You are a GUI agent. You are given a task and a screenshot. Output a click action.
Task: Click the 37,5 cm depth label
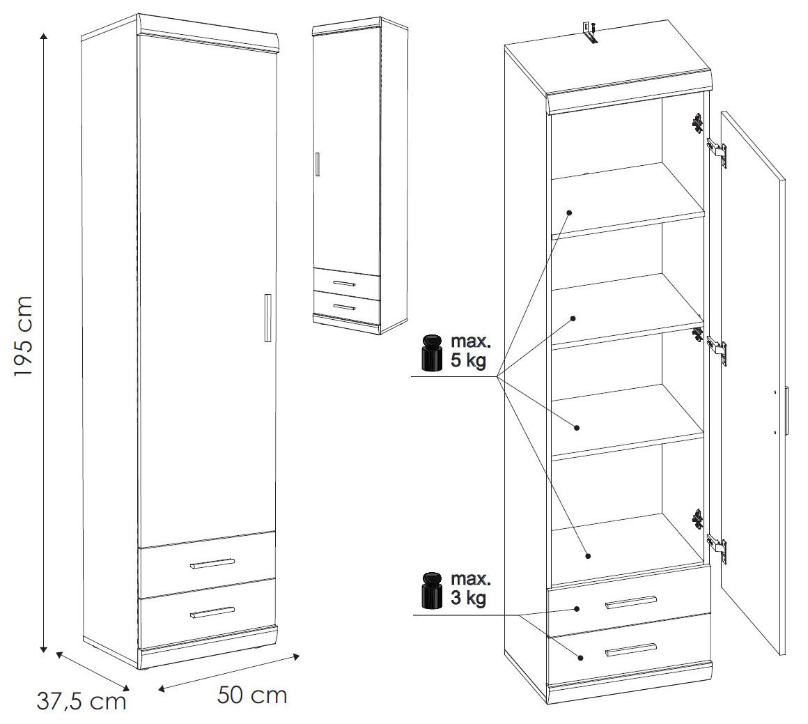click(81, 700)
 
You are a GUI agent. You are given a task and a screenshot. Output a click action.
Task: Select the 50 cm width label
click(251, 695)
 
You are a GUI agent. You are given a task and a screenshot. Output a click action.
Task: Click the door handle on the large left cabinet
click(267, 318)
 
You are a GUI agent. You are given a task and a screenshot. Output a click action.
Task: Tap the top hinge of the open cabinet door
click(716, 150)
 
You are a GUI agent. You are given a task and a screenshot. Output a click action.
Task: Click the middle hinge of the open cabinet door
click(716, 346)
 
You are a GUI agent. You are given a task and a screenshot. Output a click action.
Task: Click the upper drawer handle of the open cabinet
click(631, 602)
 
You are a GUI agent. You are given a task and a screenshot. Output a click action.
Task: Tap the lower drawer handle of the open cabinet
click(631, 649)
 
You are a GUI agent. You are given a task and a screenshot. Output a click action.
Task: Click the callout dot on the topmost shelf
click(569, 211)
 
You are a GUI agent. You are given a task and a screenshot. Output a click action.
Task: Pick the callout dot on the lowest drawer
click(580, 656)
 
